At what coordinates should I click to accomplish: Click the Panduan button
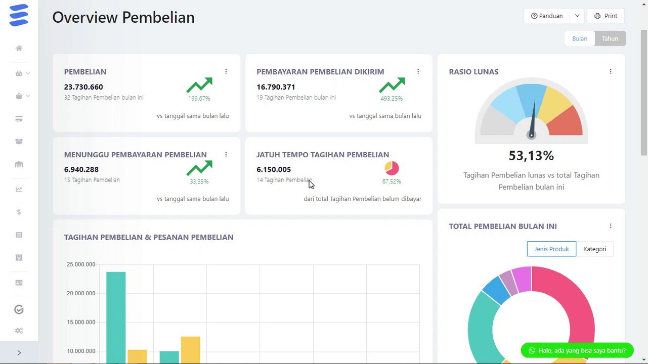pyautogui.click(x=547, y=16)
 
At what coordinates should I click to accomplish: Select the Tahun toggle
pyautogui.click(x=610, y=39)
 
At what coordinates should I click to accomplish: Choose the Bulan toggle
pyautogui.click(x=580, y=39)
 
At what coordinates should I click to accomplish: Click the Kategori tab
pyautogui.click(x=594, y=249)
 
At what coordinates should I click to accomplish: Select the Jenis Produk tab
pyautogui.click(x=551, y=249)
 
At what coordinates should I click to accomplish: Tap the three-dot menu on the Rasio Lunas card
pyautogui.click(x=611, y=72)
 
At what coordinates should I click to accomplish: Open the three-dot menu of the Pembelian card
pyautogui.click(x=226, y=72)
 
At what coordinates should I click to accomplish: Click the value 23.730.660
pyautogui.click(x=83, y=87)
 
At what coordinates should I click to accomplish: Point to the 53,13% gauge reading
pyautogui.click(x=531, y=156)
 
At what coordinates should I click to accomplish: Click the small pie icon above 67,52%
pyautogui.click(x=392, y=168)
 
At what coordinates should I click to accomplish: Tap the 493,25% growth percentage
pyautogui.click(x=392, y=99)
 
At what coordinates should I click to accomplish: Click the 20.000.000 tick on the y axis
pyautogui.click(x=81, y=293)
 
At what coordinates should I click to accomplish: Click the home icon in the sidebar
pyautogui.click(x=19, y=48)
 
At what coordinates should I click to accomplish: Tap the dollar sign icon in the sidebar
pyautogui.click(x=19, y=212)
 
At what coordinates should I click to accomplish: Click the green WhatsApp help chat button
pyautogui.click(x=577, y=350)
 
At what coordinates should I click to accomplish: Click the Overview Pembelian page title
pyautogui.click(x=123, y=17)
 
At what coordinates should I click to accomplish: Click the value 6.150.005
pyautogui.click(x=274, y=169)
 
